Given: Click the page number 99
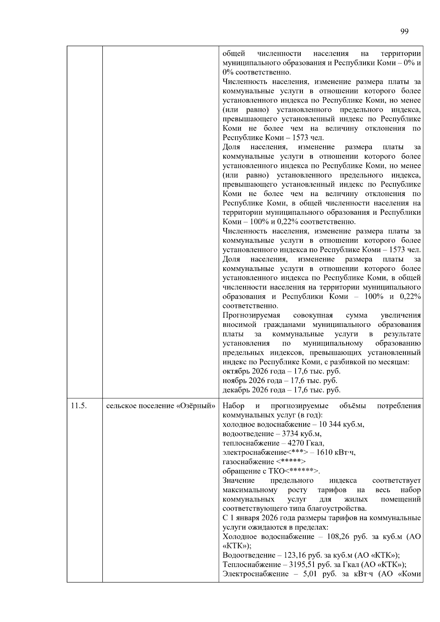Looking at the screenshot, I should pyautogui.click(x=404, y=32).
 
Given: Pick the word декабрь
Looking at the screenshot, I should pyautogui.click(x=236, y=390).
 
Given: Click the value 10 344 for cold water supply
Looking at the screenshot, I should pyautogui.click(x=330, y=424).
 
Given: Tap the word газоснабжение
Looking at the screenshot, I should pyautogui.click(x=248, y=462).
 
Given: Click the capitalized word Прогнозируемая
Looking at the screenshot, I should pyautogui.click(x=251, y=315).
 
